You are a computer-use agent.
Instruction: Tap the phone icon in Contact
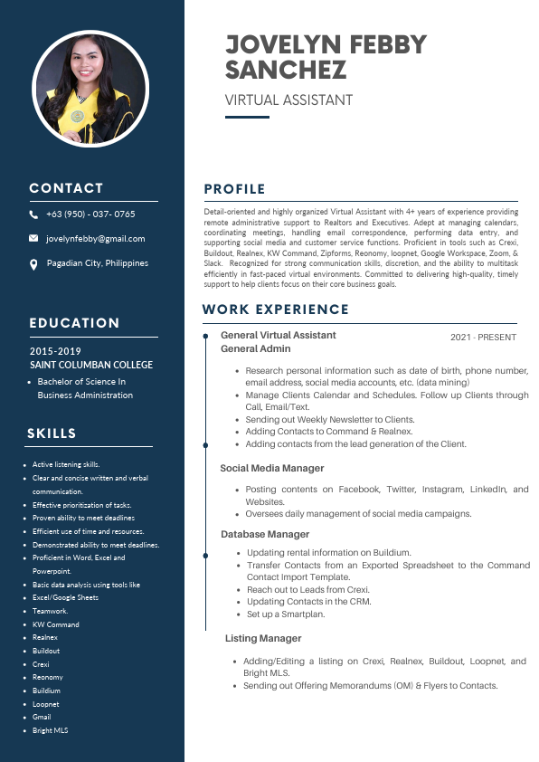33,214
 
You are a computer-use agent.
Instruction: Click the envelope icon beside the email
33,239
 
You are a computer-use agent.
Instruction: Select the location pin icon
33,264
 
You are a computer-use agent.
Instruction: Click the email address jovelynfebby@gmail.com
96,239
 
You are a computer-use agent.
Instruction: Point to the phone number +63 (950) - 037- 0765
90,214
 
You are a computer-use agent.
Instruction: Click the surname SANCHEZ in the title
285,71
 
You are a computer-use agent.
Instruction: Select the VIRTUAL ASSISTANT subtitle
288,100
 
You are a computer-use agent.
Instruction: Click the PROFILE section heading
234,189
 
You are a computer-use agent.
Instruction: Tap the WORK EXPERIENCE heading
275,310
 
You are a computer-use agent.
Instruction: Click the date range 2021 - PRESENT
483,338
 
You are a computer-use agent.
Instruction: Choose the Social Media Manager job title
272,468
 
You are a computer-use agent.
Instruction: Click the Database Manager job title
265,534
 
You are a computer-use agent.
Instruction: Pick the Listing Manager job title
263,638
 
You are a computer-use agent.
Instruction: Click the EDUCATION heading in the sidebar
74,323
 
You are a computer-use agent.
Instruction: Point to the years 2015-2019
55,351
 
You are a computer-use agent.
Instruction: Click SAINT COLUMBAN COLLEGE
91,365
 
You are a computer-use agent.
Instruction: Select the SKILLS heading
52,433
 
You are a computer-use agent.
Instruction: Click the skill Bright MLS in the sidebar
51,730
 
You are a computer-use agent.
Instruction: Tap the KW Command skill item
56,624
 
